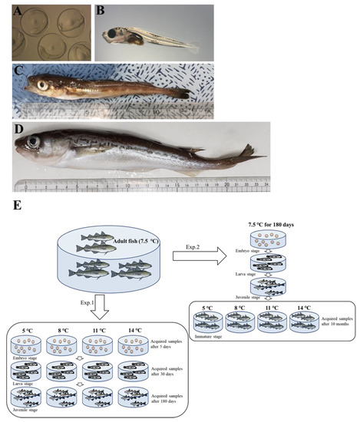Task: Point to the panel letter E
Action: click(x=6, y=206)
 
